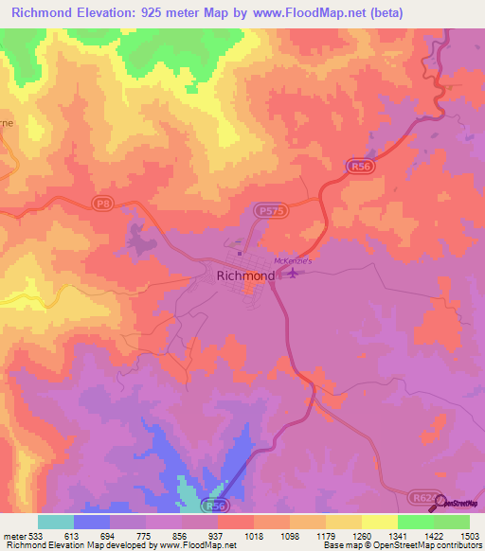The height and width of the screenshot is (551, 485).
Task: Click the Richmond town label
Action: point(246,275)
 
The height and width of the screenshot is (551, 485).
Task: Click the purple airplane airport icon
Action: point(293,274)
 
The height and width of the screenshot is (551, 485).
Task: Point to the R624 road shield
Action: point(422,495)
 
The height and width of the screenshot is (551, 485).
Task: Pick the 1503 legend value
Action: point(456,537)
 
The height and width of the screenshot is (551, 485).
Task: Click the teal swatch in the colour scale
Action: point(56,522)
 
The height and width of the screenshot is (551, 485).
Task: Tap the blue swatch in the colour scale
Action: point(93,522)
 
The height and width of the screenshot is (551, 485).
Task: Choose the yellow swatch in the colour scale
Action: point(379,522)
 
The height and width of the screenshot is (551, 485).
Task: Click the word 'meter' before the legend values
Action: point(16,537)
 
